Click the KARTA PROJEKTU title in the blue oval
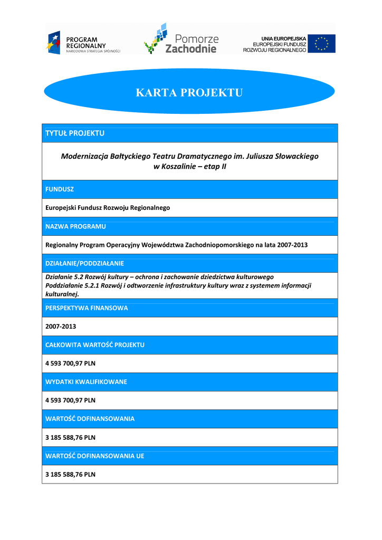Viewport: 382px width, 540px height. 189,93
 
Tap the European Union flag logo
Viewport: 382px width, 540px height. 321,44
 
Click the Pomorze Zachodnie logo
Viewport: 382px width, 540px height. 181,38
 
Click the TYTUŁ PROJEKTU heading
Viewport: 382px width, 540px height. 75,133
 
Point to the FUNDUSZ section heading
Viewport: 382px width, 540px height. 60,189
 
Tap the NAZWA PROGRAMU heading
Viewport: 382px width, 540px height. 75,226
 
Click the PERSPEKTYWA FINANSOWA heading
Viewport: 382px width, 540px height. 87,308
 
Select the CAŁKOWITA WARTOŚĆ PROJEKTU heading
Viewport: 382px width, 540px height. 95,345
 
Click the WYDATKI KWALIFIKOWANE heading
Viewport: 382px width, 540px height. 86,382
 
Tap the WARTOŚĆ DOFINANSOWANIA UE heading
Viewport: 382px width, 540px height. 95,456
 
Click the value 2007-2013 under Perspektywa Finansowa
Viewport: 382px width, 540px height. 61,326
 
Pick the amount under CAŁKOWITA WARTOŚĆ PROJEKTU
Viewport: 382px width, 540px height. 70,363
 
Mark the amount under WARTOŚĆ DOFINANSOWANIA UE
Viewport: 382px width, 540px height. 70,474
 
